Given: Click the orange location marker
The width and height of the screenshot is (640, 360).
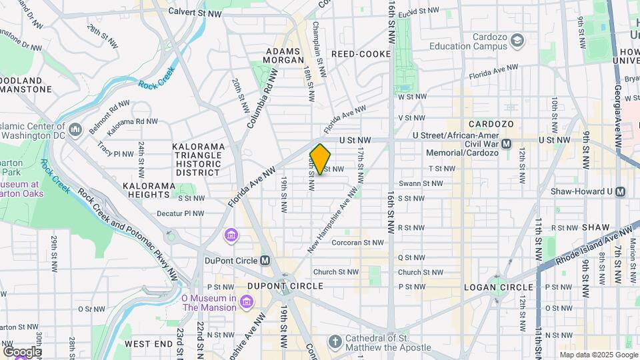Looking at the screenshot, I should tap(321, 159).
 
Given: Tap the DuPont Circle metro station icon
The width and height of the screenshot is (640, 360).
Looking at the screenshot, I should tap(265, 260).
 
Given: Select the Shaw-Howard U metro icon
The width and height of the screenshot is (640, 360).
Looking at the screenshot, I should tap(621, 191).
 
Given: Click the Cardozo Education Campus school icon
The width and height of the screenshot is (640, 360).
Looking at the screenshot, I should tap(517, 41).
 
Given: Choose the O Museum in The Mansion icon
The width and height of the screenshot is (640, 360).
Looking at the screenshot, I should tap(247, 303).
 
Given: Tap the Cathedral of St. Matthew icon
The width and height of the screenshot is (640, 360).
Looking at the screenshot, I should tap(336, 342).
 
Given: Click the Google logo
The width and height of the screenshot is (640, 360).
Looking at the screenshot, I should tap(21, 352).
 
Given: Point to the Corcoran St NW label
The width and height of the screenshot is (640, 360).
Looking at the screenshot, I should tap(358, 243).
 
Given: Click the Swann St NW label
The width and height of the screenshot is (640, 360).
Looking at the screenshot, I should tap(420, 183).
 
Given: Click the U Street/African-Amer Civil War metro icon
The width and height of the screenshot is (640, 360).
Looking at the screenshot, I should tap(506, 144).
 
